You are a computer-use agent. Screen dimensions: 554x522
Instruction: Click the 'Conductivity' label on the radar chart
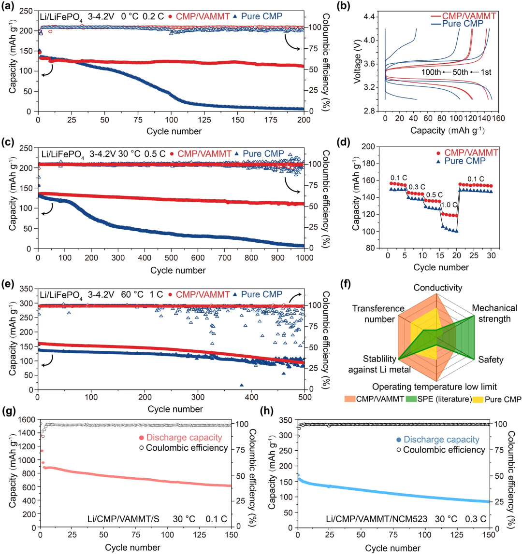pos(437,288)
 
